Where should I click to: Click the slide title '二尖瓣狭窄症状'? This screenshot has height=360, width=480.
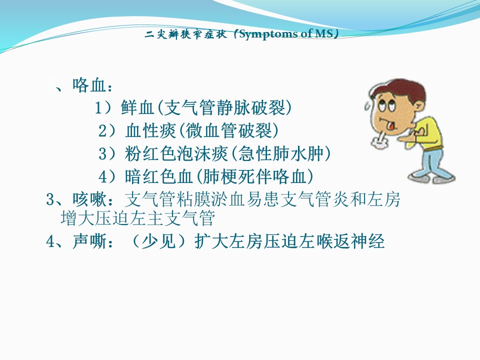[x=186, y=34]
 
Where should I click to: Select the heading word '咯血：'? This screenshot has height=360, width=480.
[x=93, y=85]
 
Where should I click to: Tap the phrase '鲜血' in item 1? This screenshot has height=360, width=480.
[x=137, y=107]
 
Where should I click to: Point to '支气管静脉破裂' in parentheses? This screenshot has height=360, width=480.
[x=225, y=107]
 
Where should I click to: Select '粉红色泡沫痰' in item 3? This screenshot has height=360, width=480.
[x=176, y=153]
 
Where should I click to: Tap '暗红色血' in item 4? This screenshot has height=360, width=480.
[x=158, y=176]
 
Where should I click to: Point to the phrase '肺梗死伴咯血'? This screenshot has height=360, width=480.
[x=254, y=176]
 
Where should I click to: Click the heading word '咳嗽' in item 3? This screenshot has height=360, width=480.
[x=89, y=199]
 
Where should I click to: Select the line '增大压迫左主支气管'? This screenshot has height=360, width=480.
[x=138, y=218]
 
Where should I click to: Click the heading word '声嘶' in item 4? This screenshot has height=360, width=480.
[x=89, y=241]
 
